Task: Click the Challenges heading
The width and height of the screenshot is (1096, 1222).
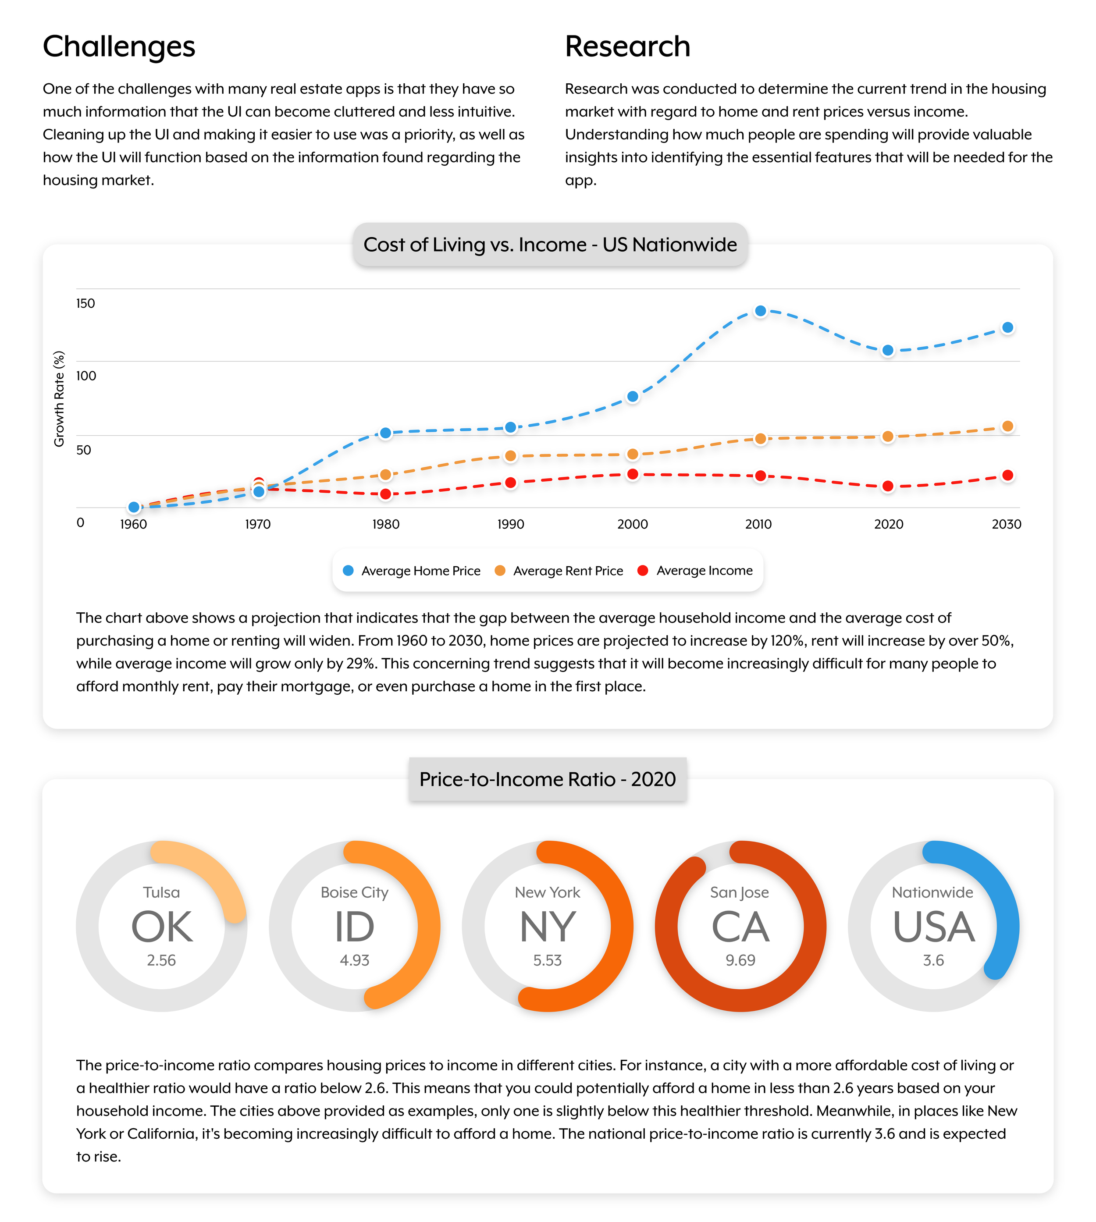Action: point(119,46)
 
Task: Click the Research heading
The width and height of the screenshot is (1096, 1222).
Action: point(627,46)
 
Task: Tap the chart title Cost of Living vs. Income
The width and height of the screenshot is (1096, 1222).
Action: point(550,245)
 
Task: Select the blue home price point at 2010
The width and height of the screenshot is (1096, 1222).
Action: point(760,311)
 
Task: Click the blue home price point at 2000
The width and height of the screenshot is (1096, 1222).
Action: point(632,397)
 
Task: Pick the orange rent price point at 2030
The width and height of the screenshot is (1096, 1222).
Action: point(1007,426)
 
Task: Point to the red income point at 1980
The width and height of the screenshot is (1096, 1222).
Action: point(385,494)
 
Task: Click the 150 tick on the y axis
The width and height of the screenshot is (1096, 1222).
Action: point(85,303)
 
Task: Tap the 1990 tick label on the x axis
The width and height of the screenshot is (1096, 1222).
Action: point(510,524)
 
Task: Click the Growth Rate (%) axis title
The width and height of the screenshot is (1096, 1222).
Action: point(59,398)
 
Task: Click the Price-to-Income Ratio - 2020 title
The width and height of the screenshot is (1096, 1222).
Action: point(548,779)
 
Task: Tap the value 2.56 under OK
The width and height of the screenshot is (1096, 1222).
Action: point(161,960)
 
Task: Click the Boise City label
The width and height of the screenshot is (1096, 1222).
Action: point(354,892)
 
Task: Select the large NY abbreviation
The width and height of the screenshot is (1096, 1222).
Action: point(548,927)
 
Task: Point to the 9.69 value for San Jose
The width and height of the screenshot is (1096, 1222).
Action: point(740,960)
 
